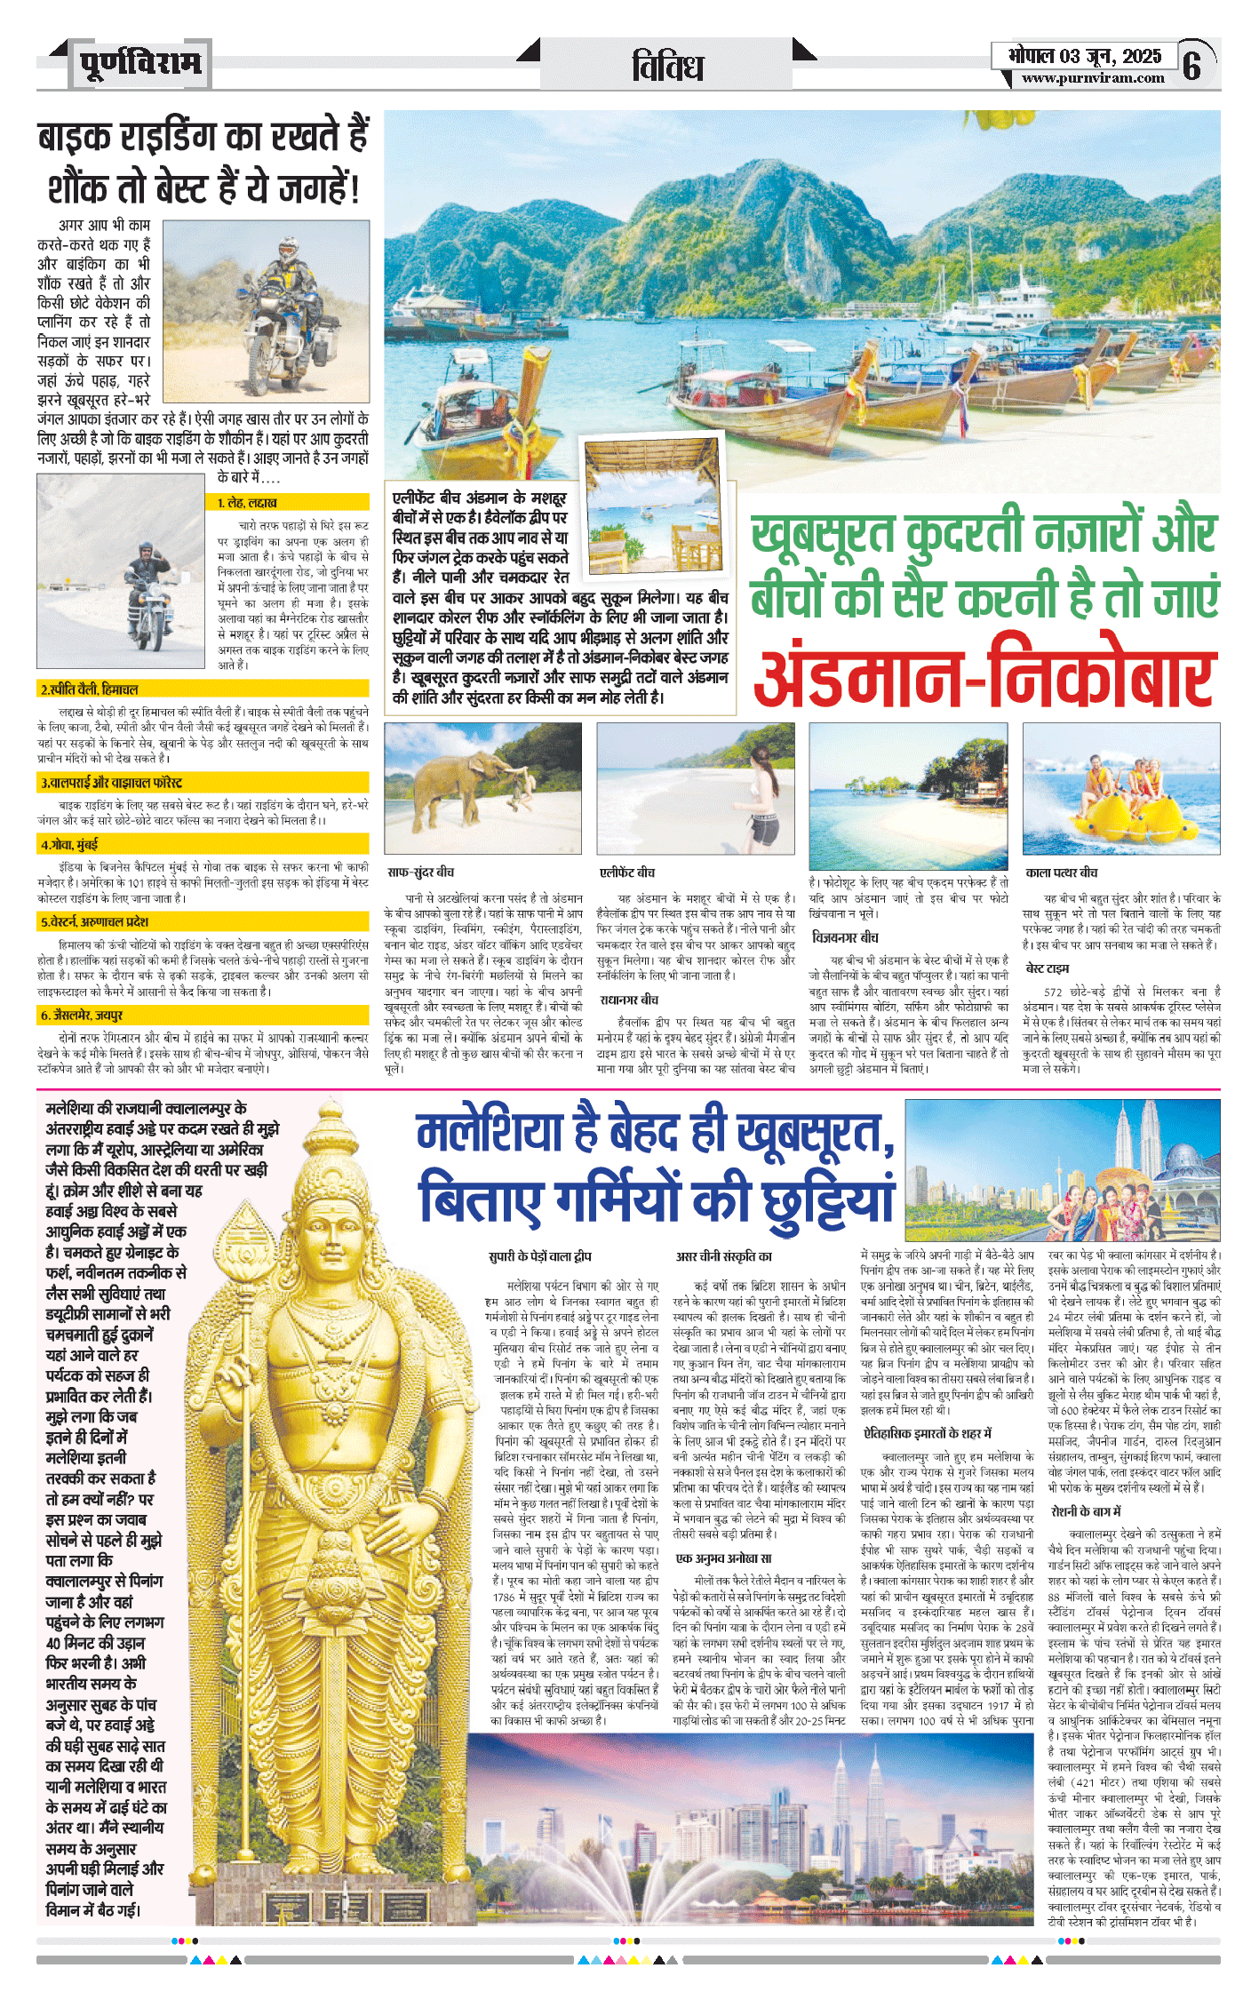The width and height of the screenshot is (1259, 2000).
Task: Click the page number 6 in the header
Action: (1192, 65)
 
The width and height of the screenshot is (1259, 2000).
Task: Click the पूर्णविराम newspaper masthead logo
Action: (140, 64)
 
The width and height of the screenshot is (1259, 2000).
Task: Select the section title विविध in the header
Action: (667, 67)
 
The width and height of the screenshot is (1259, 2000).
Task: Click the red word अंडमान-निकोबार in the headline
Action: (984, 671)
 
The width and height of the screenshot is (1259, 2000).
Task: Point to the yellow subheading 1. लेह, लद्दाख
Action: (248, 503)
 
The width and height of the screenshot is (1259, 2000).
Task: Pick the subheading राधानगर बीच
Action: (629, 1000)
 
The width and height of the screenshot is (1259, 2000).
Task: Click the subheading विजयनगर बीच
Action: (845, 937)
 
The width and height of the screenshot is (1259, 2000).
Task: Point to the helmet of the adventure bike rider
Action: (288, 246)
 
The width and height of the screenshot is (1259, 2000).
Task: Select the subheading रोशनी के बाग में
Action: (1086, 1511)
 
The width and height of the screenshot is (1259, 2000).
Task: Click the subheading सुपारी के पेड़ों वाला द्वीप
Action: (539, 1256)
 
